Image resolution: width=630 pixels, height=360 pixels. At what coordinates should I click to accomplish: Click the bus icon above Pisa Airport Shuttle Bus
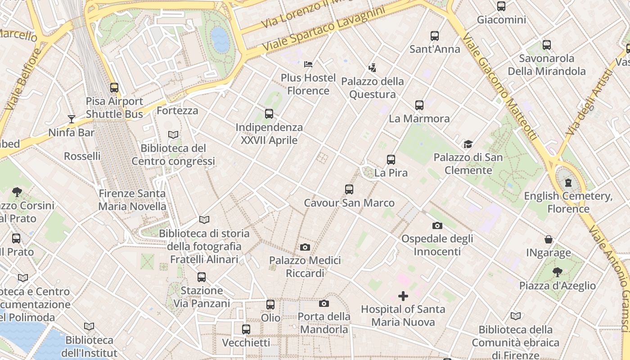114,88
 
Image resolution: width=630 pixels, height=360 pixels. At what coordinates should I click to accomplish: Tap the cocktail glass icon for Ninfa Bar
72,119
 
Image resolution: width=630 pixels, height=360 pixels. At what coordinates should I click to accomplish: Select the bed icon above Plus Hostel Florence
308,64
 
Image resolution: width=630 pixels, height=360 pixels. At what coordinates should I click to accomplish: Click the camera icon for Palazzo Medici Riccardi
305,247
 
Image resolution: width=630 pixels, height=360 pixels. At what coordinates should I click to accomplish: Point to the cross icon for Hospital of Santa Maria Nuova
403,296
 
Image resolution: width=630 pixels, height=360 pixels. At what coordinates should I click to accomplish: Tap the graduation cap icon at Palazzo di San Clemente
468,144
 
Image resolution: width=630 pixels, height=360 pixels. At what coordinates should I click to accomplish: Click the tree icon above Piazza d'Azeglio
557,272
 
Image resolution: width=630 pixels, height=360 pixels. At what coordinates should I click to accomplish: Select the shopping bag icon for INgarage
549,239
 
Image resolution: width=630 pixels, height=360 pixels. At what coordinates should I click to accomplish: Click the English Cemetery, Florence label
568,202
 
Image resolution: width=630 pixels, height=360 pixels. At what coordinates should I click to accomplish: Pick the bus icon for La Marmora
419,105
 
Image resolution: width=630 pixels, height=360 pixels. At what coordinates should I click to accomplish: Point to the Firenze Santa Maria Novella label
132,200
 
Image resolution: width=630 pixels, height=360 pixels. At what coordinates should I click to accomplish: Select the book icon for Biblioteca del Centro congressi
173,135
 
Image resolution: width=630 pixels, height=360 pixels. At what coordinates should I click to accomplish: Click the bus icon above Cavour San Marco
349,189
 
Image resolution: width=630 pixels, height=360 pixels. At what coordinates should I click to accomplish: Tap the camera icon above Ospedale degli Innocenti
437,225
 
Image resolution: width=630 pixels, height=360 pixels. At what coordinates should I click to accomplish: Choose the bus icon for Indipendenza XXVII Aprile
269,114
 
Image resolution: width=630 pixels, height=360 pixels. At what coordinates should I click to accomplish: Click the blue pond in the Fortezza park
220,40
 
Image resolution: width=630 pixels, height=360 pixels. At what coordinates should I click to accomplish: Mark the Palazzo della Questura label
373,88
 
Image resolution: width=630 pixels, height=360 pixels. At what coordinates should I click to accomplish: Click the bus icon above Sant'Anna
435,36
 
